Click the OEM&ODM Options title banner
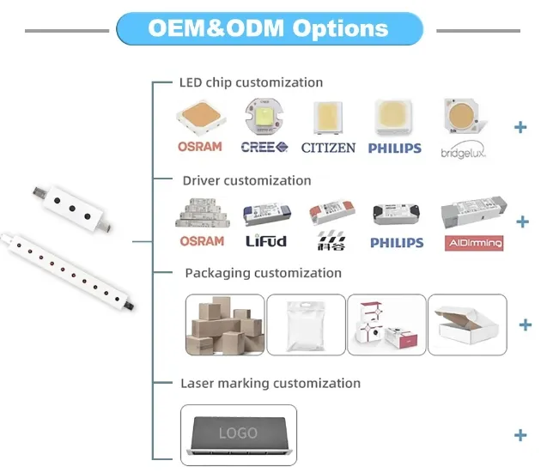269,27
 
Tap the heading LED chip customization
251,82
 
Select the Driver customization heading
246,180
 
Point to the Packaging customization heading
264,273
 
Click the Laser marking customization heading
270,383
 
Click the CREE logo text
263,147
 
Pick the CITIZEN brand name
328,148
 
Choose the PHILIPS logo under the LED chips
395,148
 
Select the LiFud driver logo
265,241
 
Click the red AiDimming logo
472,243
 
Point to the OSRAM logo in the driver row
200,241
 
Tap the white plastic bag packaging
305,324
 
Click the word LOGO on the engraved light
238,434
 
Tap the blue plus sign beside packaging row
526,325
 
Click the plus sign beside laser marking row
520,435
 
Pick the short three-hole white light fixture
69,203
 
